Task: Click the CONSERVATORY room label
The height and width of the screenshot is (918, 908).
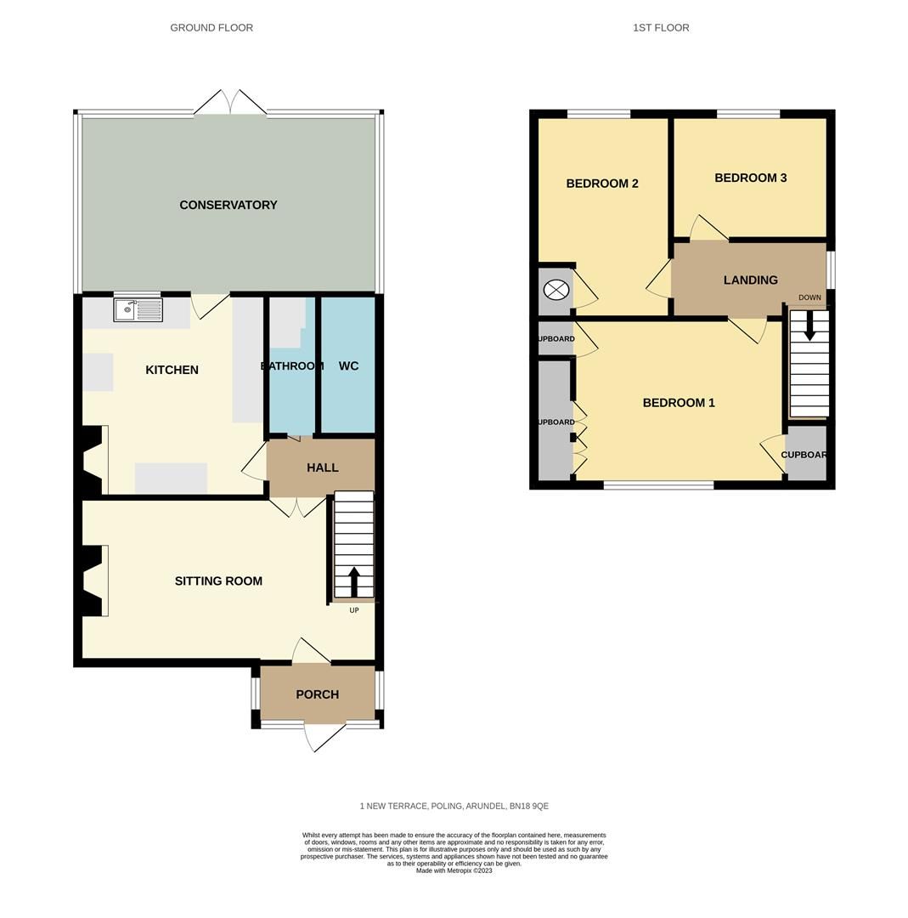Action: tap(228, 205)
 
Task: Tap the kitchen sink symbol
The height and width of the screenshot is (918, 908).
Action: tap(138, 309)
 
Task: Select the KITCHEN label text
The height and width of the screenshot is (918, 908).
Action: tap(172, 370)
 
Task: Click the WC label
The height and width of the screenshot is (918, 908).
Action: tap(348, 366)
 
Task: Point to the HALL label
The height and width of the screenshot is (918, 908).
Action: tap(322, 467)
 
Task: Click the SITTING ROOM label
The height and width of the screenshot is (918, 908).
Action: tap(218, 581)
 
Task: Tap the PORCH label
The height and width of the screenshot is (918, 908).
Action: tap(317, 694)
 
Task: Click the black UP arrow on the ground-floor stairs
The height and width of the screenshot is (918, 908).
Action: tap(354, 581)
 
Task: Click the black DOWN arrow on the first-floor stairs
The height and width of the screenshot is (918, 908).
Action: tap(809, 326)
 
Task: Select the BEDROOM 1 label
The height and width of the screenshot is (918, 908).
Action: tap(678, 403)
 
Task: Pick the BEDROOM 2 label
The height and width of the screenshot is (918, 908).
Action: tap(601, 184)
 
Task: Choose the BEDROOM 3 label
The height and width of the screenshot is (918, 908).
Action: tap(750, 178)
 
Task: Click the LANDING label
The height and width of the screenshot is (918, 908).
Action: tap(750, 280)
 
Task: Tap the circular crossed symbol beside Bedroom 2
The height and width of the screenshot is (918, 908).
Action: tap(556, 291)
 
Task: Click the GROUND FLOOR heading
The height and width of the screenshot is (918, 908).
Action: tap(211, 28)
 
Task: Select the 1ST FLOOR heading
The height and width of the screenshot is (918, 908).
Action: tap(661, 28)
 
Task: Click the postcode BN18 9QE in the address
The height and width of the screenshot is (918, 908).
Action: tap(528, 806)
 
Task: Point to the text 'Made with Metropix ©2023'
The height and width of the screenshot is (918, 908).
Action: tap(454, 870)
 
